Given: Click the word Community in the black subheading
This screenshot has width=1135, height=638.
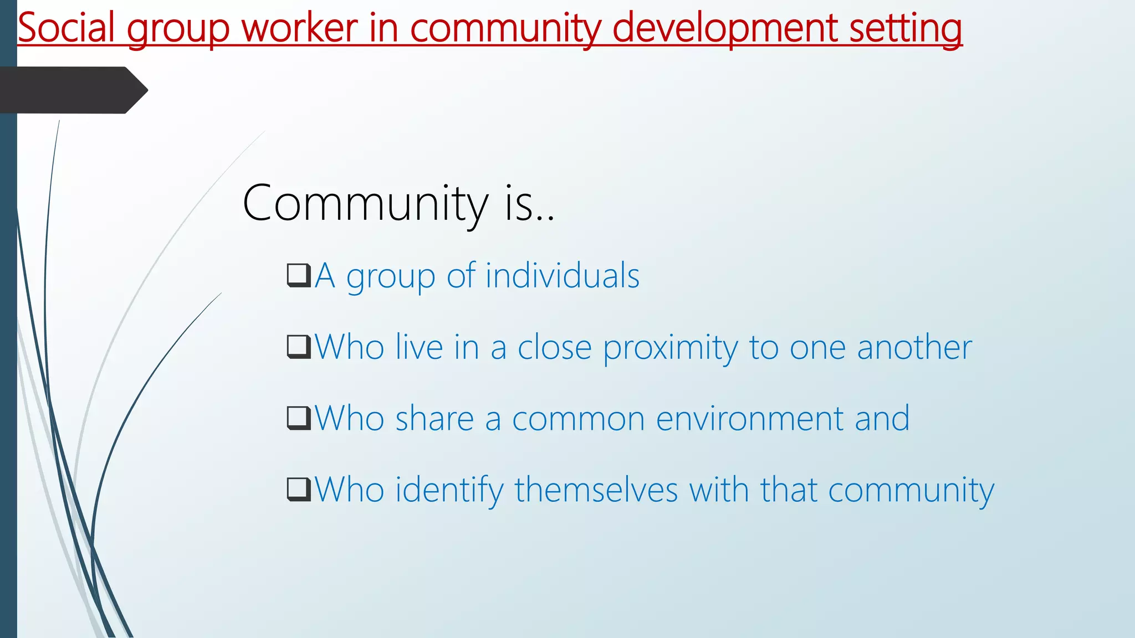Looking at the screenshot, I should [366, 204].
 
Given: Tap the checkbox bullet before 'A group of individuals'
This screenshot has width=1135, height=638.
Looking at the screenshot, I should [299, 275].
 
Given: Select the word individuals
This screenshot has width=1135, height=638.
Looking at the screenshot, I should [562, 275].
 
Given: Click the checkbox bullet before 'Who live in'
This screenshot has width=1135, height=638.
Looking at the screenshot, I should [299, 347].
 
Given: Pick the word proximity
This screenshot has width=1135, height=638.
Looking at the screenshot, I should [671, 348].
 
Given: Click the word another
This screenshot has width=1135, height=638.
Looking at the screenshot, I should [914, 347].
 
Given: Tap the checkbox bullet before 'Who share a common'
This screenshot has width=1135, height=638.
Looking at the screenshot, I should [299, 418].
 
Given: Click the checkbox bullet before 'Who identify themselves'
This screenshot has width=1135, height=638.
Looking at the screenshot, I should [299, 489].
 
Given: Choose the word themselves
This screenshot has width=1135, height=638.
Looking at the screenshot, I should [596, 490].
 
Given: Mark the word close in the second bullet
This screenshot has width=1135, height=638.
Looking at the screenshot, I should [554, 347].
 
